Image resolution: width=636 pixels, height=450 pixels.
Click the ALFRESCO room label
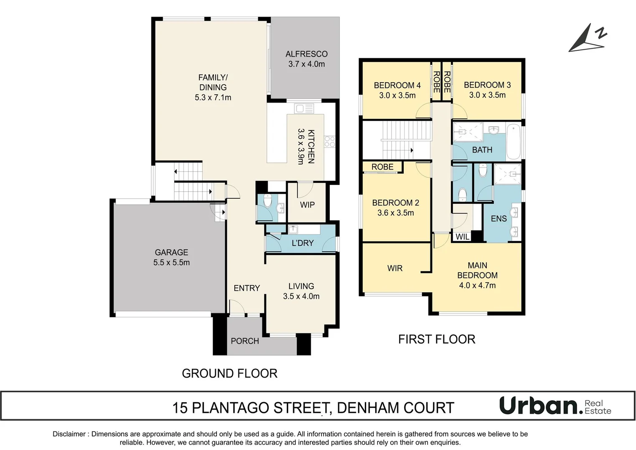(307, 54)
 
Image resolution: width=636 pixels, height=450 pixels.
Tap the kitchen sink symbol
(304, 109)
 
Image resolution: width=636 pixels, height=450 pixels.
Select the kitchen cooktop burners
(329, 142)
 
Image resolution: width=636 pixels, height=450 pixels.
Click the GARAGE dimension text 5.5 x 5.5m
(171, 262)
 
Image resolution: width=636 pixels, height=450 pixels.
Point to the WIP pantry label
(307, 205)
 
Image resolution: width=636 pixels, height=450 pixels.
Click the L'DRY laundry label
(302, 243)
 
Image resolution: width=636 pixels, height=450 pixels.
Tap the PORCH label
(245, 341)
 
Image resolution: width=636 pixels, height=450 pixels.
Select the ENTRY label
(246, 288)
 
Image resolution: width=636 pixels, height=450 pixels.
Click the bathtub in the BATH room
(513, 142)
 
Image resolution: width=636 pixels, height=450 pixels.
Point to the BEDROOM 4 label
(397, 85)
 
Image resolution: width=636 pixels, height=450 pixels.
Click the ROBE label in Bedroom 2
(382, 167)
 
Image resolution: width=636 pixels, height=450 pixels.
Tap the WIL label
(462, 237)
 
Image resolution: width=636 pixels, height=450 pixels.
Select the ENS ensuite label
(498, 218)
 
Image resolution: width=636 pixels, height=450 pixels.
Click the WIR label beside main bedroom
(395, 268)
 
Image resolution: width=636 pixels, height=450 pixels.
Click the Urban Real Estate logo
(555, 406)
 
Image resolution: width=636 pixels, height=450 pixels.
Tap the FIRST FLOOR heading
(437, 339)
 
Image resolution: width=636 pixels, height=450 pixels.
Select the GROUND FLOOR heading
(229, 373)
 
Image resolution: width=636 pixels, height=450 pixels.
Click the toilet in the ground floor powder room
(267, 201)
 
